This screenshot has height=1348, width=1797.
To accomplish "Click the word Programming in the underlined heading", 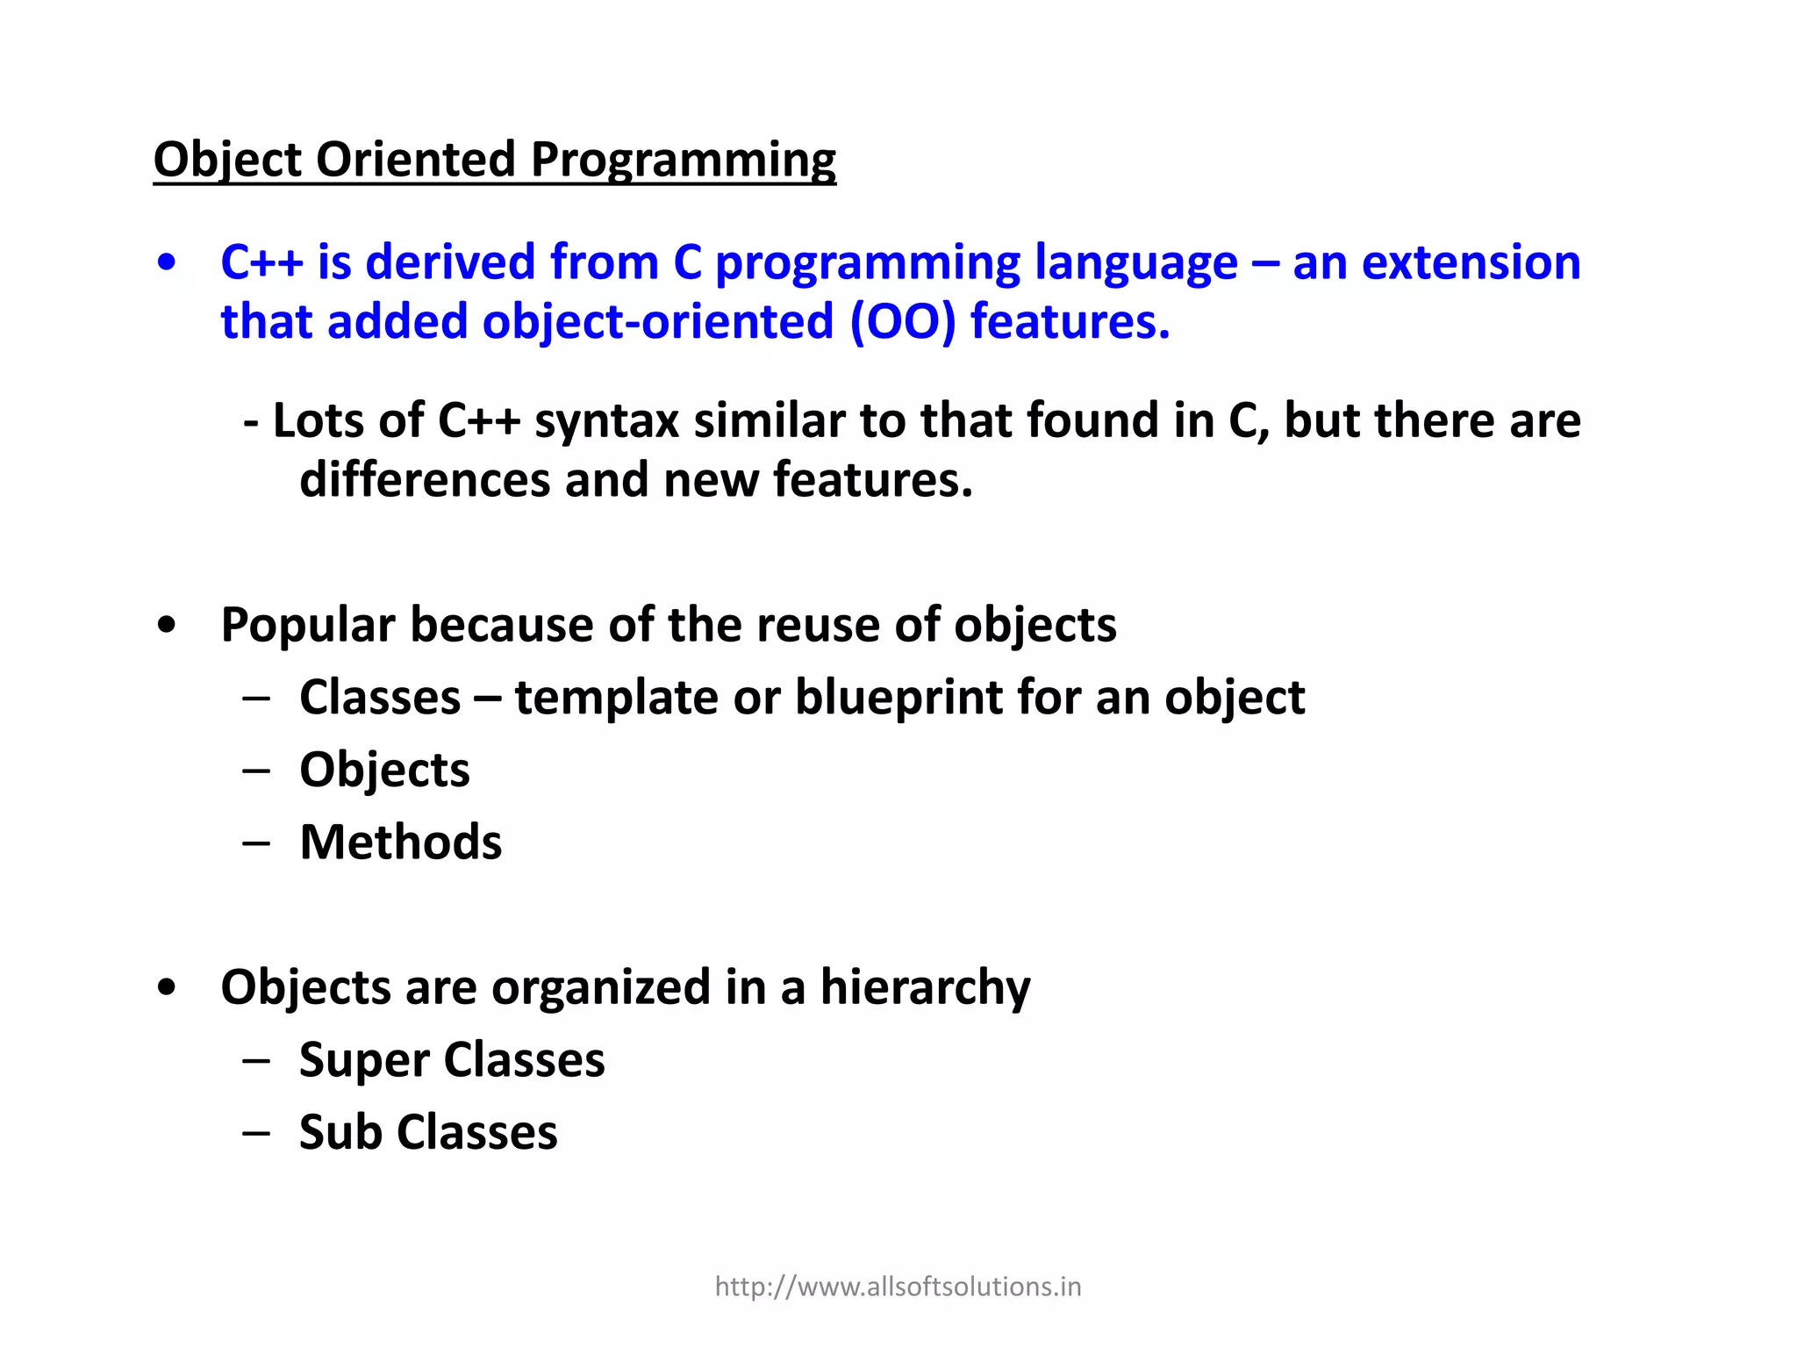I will point(683,161).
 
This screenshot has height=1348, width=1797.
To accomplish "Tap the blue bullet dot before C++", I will point(167,263).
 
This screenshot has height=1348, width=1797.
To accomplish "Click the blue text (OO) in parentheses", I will point(902,321).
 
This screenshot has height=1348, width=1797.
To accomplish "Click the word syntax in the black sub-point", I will point(606,420).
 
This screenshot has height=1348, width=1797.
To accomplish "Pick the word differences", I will point(424,480).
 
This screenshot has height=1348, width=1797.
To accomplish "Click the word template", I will point(616,698).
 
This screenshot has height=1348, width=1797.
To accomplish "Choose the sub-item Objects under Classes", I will point(384,770).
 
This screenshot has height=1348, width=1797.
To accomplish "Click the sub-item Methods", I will point(401,842).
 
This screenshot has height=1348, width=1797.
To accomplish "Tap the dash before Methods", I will point(256,843).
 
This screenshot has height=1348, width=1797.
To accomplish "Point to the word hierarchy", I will point(925,987).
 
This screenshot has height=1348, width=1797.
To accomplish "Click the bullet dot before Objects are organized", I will point(167,988).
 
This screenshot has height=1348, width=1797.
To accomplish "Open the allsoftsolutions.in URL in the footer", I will point(898,1287).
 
